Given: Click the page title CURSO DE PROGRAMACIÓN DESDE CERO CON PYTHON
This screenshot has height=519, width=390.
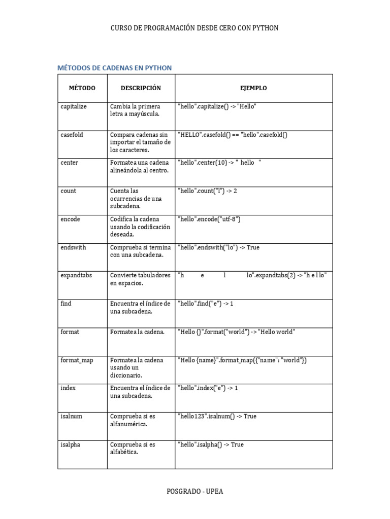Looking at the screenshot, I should (x=194, y=28).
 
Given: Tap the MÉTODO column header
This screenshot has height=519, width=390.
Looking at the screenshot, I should (x=82, y=88).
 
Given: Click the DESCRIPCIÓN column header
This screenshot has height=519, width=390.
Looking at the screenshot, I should (x=141, y=88).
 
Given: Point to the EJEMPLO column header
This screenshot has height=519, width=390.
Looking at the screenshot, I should (x=253, y=88).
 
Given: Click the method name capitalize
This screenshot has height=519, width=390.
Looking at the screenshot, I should (x=74, y=106).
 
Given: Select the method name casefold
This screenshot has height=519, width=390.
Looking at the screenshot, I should (x=72, y=135).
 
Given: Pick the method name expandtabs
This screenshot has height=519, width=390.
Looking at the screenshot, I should (x=76, y=275).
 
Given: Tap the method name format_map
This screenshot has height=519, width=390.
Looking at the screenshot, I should (x=77, y=360).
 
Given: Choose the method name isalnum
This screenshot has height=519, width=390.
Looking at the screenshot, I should (x=71, y=416).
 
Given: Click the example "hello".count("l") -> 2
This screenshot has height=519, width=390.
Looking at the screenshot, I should (x=207, y=191).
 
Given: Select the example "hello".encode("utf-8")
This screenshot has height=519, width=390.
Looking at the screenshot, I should (x=209, y=219).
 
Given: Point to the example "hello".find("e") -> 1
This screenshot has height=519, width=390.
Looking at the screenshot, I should (x=205, y=304).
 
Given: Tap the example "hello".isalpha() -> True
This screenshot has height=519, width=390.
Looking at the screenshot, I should (x=210, y=444).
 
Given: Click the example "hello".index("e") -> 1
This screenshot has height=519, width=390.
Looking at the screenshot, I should (x=208, y=388).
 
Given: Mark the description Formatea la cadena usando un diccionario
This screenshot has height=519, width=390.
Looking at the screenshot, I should (x=137, y=367).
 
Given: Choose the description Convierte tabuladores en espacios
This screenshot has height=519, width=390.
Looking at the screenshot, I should (x=140, y=279).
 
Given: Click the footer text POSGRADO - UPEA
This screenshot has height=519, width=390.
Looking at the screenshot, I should (x=195, y=491).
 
